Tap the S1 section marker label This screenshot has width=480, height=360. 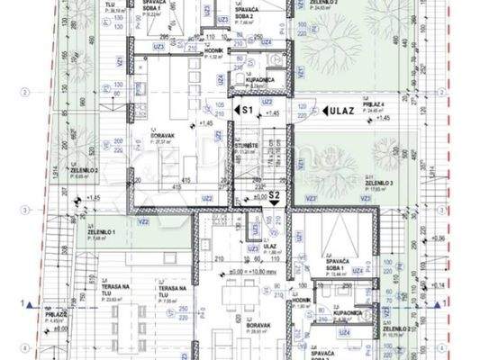click(x=245, y=108)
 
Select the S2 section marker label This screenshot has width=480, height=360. click(x=275, y=194)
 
